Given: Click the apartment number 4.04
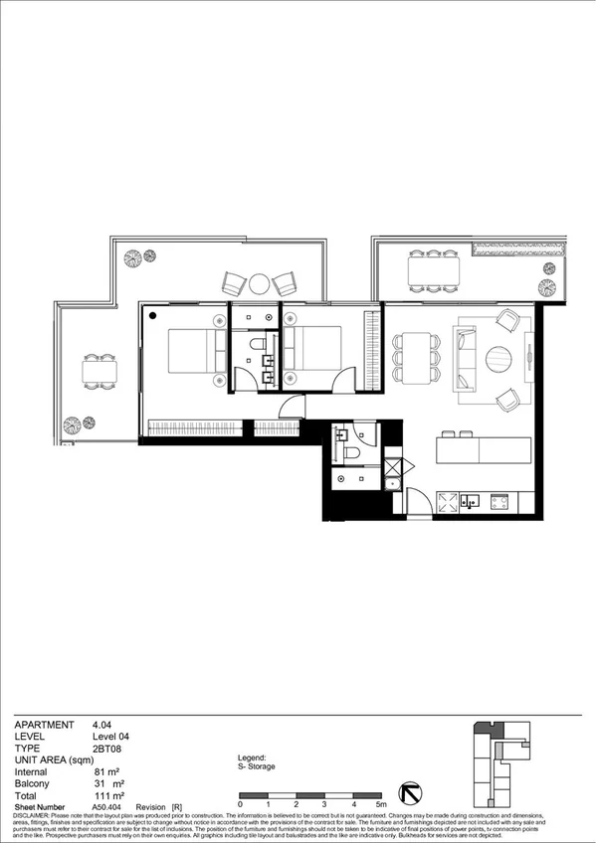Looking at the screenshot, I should click(x=101, y=725).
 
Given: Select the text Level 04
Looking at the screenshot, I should click(x=110, y=736).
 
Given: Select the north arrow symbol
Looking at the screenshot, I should click(x=408, y=793).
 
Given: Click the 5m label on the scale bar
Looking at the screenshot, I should click(x=380, y=803).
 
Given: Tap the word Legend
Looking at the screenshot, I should click(x=253, y=757).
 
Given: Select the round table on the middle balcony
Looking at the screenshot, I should click(x=260, y=283).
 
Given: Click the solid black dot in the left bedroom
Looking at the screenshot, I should click(x=154, y=316).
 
